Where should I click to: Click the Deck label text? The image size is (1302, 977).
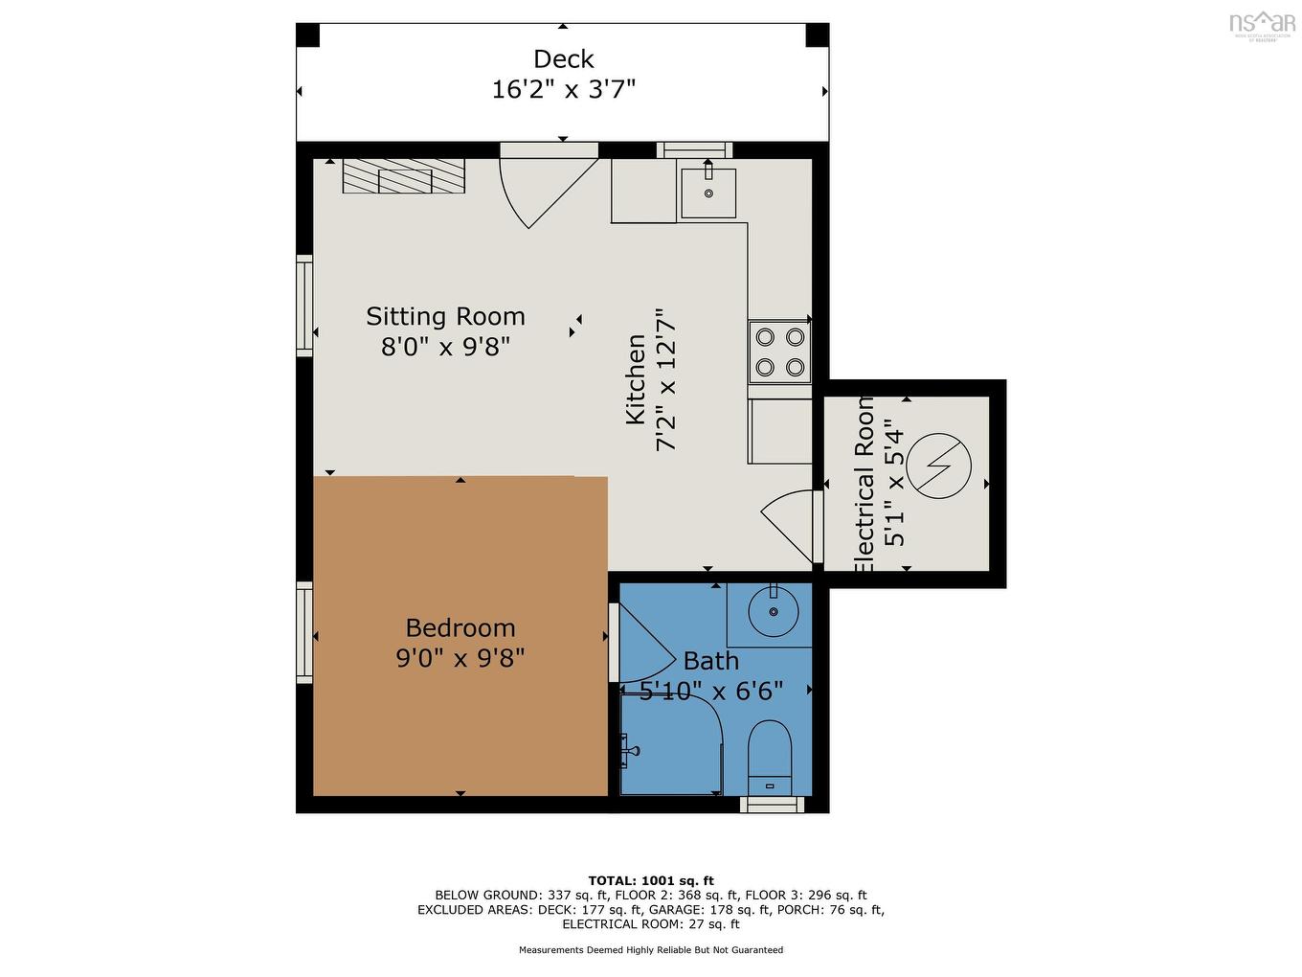(x=563, y=59)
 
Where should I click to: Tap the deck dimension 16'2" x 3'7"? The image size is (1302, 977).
(x=563, y=90)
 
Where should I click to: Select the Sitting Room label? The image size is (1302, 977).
(x=445, y=316)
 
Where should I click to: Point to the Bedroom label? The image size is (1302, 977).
(x=460, y=627)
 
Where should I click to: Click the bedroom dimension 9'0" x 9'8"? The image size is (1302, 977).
(x=460, y=658)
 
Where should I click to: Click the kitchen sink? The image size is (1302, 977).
(x=708, y=192)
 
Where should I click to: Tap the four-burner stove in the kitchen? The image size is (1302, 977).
(x=779, y=352)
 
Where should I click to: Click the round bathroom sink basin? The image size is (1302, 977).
(x=773, y=611)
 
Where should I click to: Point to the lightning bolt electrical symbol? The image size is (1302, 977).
(x=939, y=467)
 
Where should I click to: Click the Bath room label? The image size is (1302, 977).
(x=710, y=661)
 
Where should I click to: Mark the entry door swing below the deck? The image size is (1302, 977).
(x=544, y=189)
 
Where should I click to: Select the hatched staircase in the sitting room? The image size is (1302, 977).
(x=404, y=176)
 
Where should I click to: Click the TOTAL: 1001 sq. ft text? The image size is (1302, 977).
(x=651, y=880)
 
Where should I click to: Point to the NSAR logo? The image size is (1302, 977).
(x=1261, y=24)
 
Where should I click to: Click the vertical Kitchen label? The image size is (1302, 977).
(x=636, y=379)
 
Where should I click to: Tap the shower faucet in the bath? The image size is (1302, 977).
(x=629, y=750)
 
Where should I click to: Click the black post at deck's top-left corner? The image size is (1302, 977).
(x=307, y=35)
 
